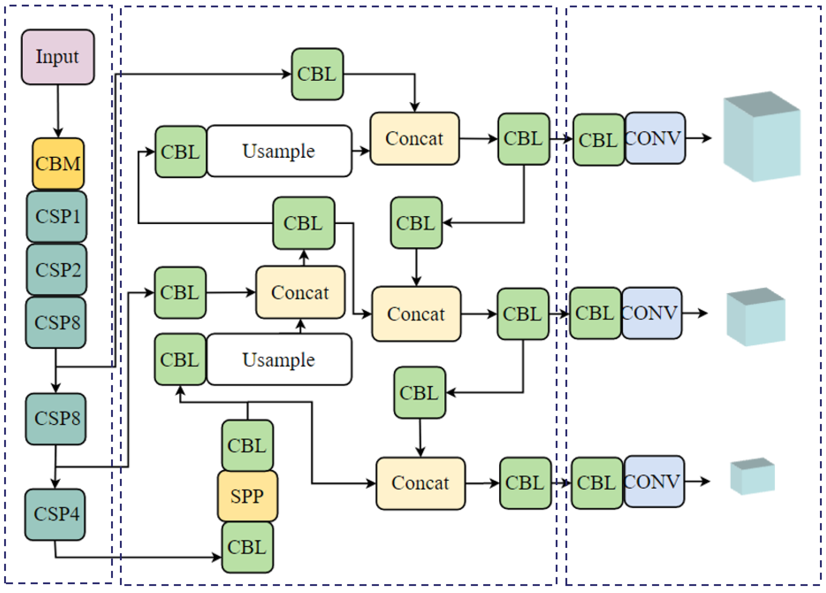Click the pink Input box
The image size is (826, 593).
pos(57,57)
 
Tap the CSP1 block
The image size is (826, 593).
pos(57,217)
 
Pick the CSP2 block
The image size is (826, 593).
pos(57,270)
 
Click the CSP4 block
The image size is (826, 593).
pos(55,514)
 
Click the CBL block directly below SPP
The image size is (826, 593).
pos(247,547)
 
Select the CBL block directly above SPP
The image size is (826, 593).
pos(247,445)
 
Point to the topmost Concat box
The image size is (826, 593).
pos(414,138)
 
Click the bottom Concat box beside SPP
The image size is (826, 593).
pos(420,483)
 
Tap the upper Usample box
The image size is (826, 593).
pos(279,151)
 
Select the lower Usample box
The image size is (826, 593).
pos(279,359)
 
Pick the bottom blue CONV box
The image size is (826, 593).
pos(654,482)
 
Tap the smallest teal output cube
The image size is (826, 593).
pos(753,477)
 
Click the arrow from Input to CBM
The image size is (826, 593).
pos(58,111)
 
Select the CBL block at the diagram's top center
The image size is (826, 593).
pos(317,74)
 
